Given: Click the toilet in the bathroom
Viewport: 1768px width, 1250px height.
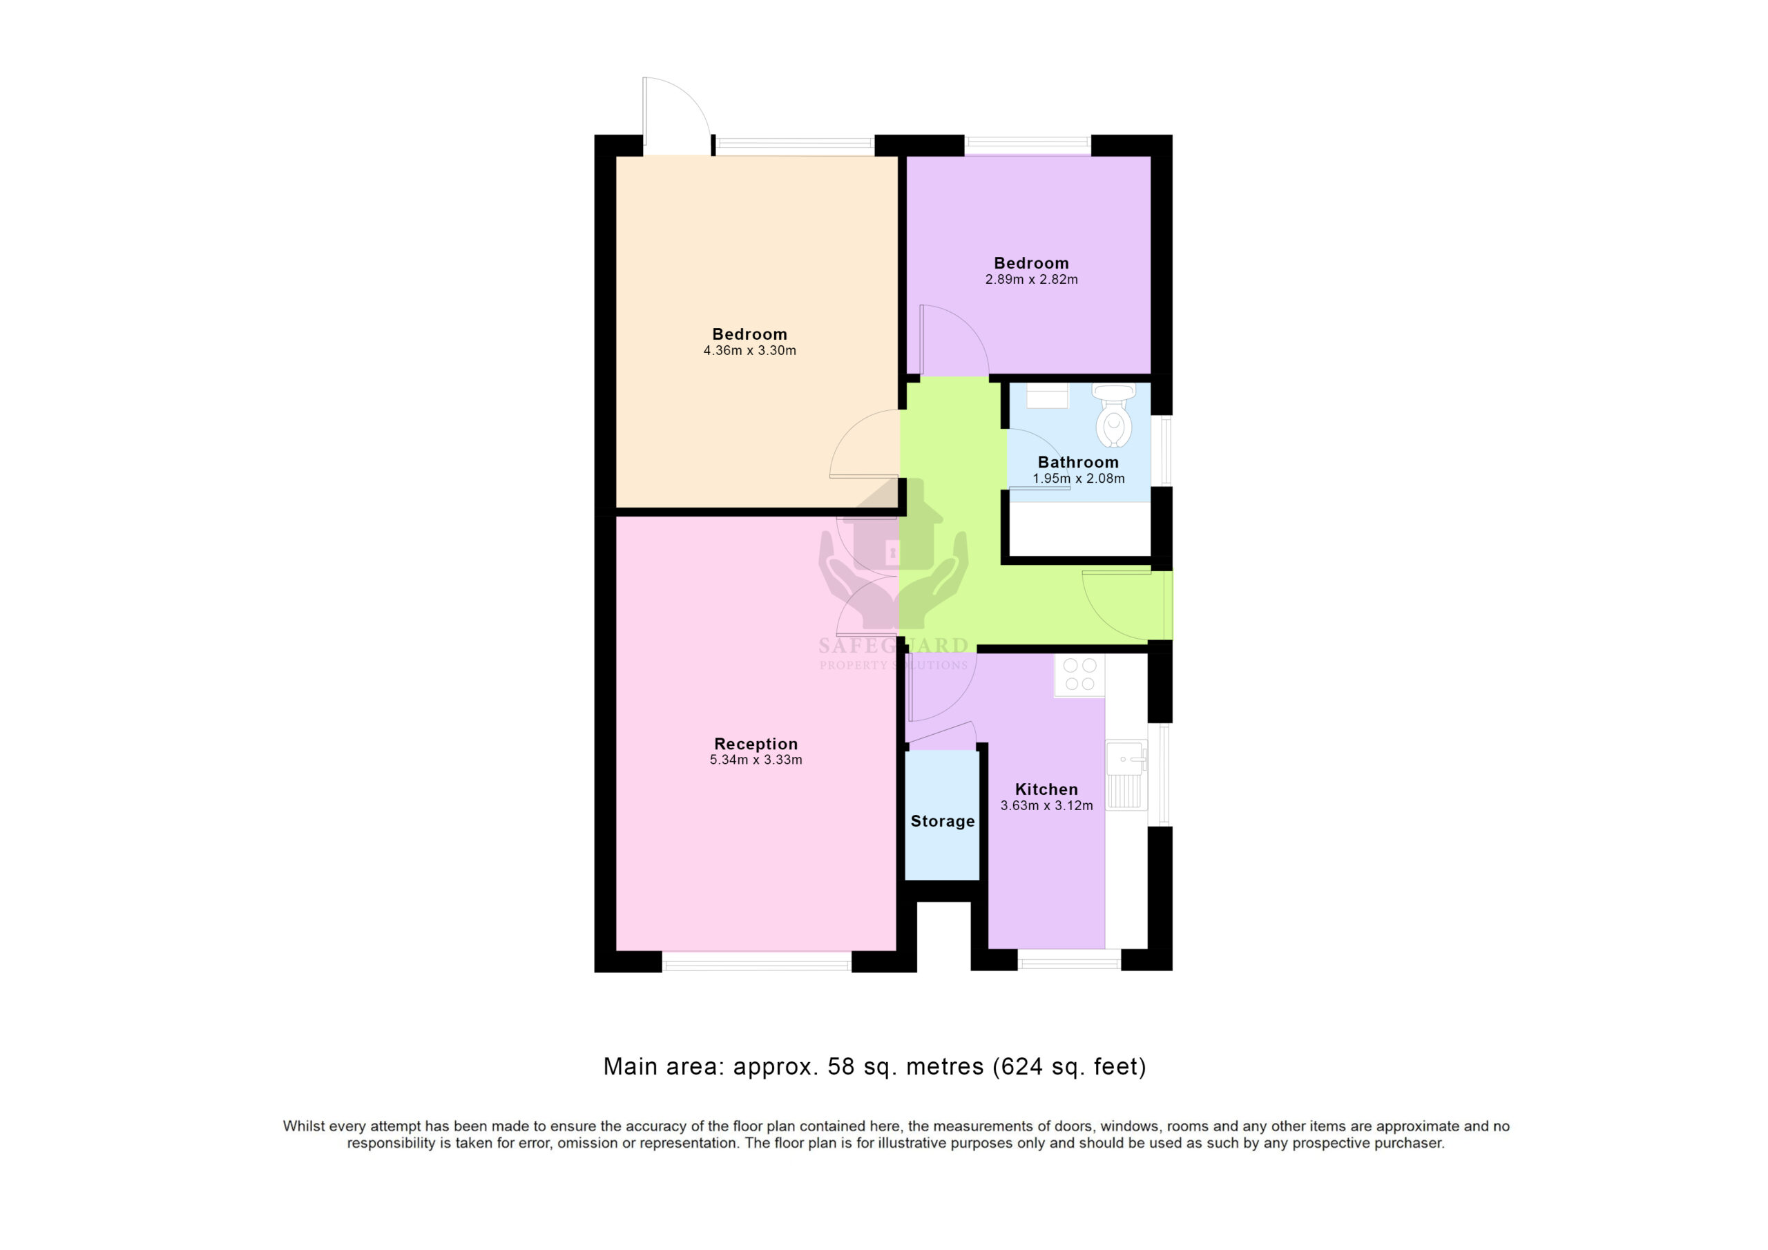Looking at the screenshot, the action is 1113,416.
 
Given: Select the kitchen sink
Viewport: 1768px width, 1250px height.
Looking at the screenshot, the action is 1126,775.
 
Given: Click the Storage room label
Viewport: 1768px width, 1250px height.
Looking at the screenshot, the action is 943,821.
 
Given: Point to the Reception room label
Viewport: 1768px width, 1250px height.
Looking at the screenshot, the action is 756,744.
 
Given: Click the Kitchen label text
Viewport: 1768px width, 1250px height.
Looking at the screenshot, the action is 1046,789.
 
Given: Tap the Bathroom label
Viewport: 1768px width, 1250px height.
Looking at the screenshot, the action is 1078,462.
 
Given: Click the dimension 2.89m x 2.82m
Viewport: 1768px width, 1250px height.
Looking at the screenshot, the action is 1032,280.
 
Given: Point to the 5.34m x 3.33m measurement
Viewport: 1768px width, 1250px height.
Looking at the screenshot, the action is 756,760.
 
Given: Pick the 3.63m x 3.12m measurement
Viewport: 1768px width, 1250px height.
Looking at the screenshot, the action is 1046,806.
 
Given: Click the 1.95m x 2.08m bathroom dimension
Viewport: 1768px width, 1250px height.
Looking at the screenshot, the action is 1079,479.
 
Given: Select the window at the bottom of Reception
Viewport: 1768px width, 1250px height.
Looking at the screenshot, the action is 757,962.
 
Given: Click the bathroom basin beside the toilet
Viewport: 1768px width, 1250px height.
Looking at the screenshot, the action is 1047,395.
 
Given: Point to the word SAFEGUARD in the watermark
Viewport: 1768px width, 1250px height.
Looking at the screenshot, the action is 893,646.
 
